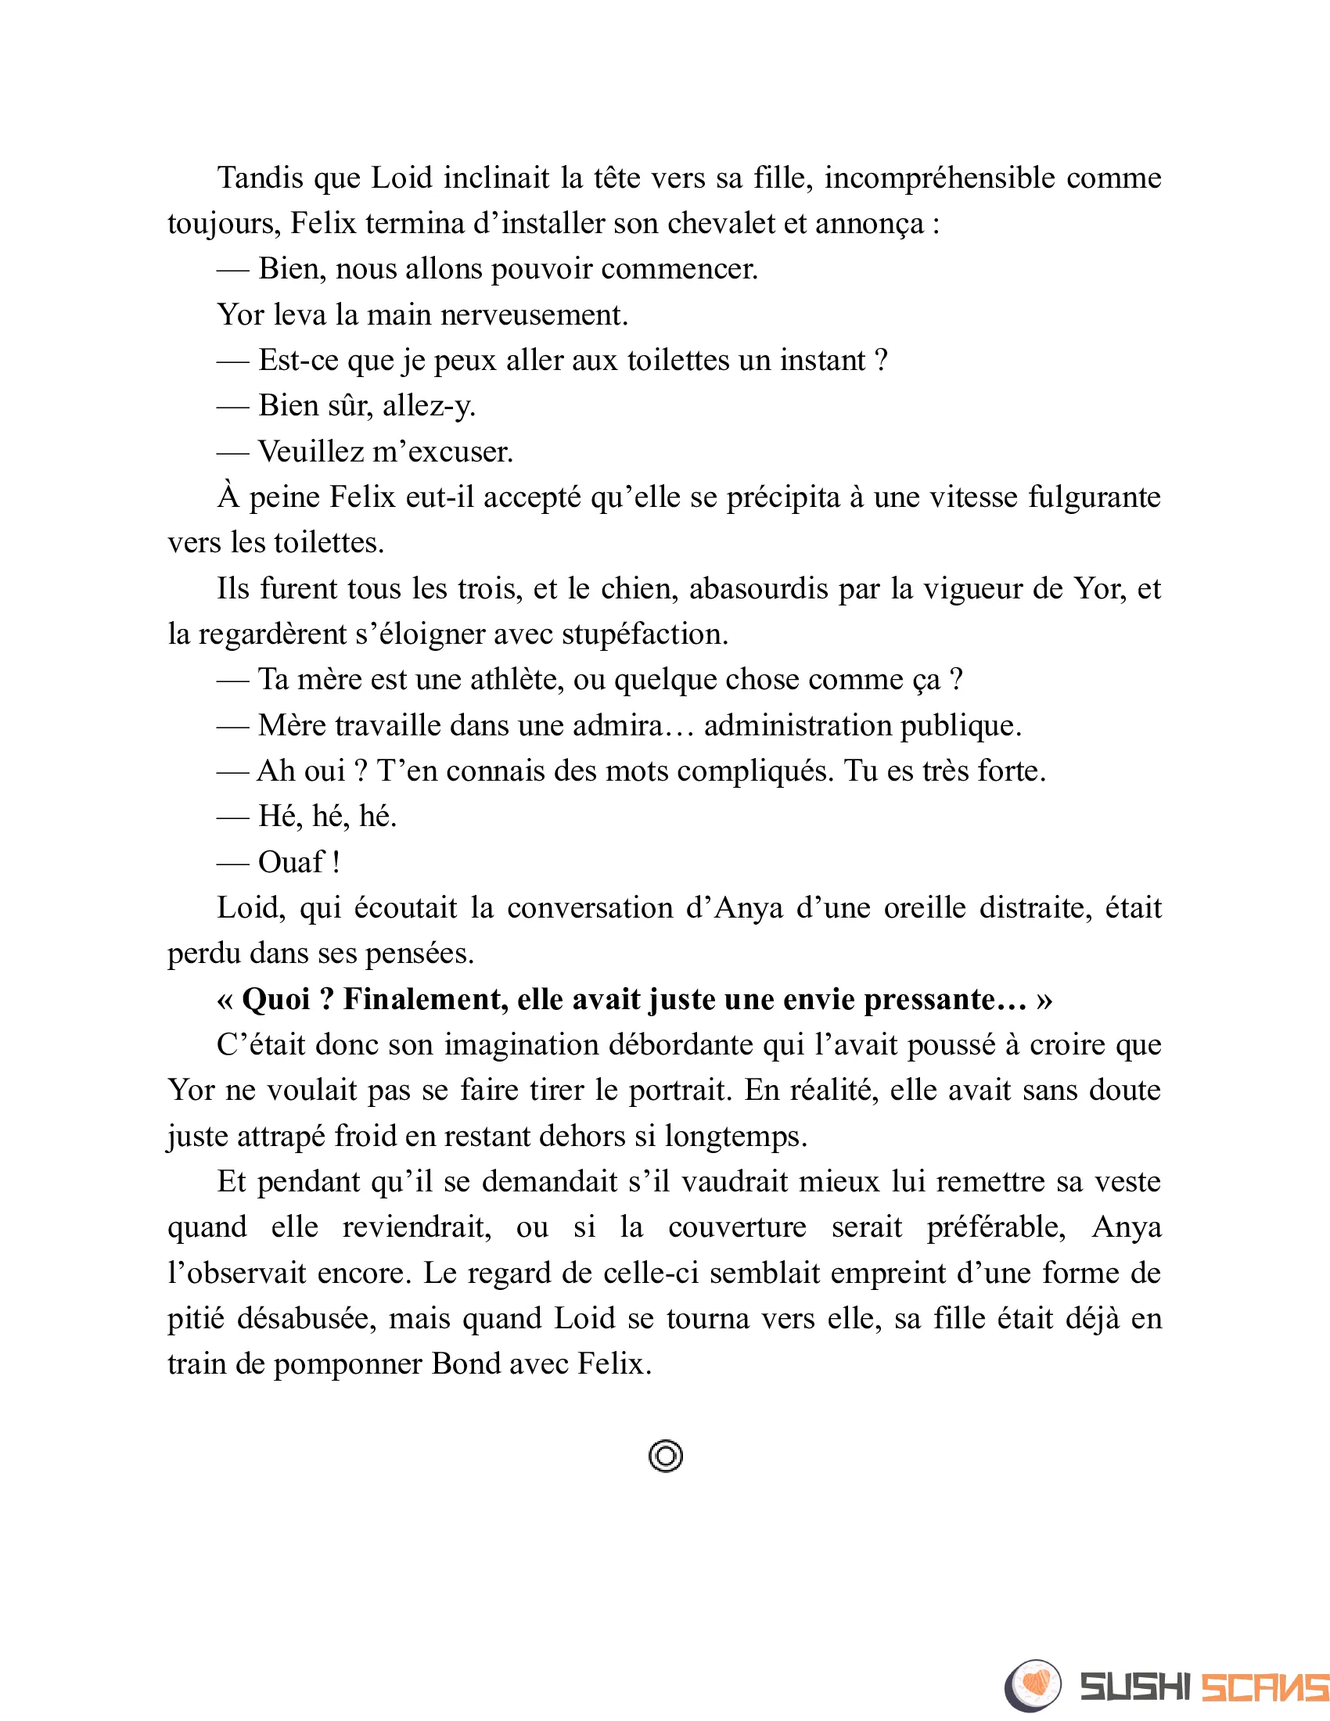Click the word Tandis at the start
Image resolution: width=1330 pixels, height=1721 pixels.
(260, 178)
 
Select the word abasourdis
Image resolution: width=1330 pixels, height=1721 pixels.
(759, 588)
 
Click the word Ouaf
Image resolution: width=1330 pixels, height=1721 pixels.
(291, 862)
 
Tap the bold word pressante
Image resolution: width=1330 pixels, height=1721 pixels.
(945, 999)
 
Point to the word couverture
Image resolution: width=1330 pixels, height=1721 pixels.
(737, 1227)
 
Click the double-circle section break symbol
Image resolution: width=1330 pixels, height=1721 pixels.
(666, 1456)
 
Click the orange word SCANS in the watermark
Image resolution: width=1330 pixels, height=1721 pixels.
(1263, 1687)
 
